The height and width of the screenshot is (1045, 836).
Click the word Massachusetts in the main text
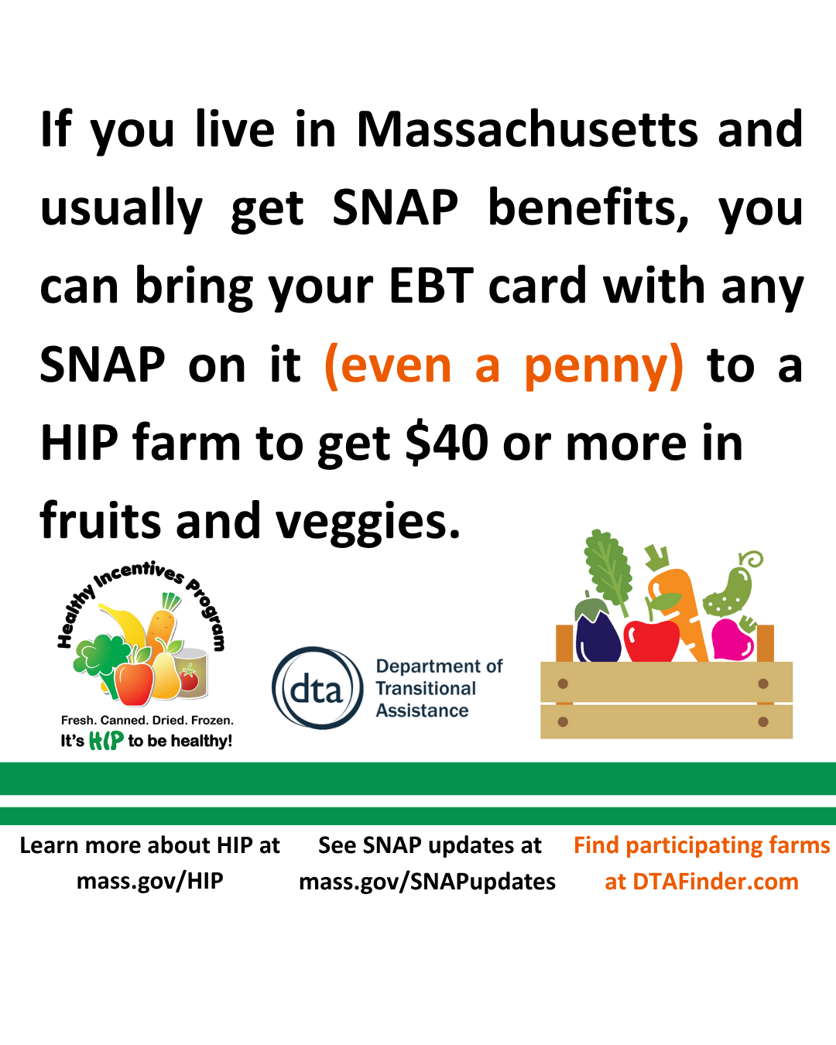pos(528,129)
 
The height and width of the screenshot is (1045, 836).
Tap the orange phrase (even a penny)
pos(504,366)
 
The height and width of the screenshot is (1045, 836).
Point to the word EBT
pos(431,286)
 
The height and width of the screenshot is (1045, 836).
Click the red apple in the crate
pos(652,640)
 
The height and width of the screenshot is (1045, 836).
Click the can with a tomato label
pos(191,673)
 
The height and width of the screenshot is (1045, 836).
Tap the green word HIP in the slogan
pos(106,741)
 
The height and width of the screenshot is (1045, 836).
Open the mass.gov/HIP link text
pos(149,880)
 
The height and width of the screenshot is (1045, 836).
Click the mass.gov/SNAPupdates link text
pos(427,882)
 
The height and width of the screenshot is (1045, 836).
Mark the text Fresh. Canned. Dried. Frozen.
pos(147,720)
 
